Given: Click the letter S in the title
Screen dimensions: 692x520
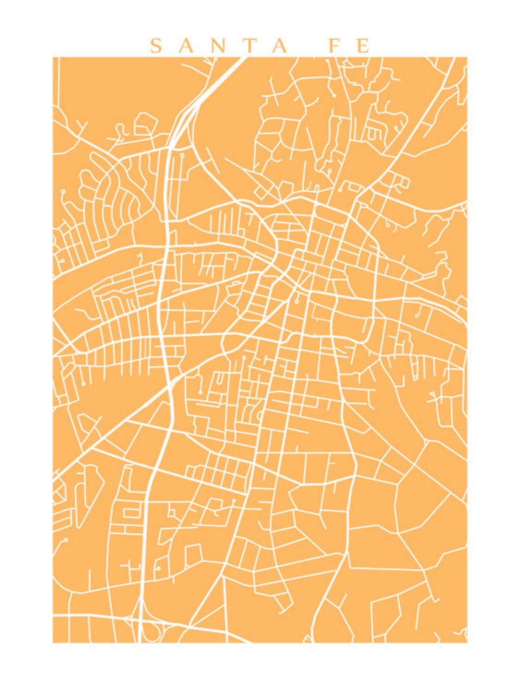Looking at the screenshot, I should coord(156,46).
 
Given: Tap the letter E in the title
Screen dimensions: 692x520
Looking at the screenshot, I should coord(363,46).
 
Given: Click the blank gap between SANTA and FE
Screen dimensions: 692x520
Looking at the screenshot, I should coord(306,46).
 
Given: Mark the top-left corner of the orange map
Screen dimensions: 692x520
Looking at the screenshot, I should coord(53,57).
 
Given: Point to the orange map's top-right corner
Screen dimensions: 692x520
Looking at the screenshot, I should coord(467,57).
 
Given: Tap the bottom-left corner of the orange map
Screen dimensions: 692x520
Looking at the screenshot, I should coord(53,642).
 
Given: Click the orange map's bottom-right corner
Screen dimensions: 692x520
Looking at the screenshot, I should coord(467,642).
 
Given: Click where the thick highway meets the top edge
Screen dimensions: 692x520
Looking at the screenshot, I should coord(241,58).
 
